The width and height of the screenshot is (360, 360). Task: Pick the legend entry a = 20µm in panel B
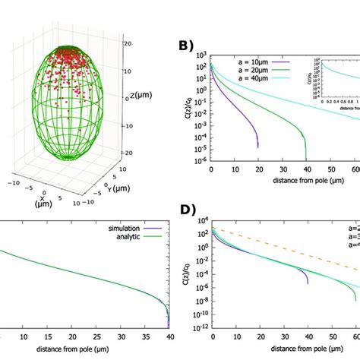245,67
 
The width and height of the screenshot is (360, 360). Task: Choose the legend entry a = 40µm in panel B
245,74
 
